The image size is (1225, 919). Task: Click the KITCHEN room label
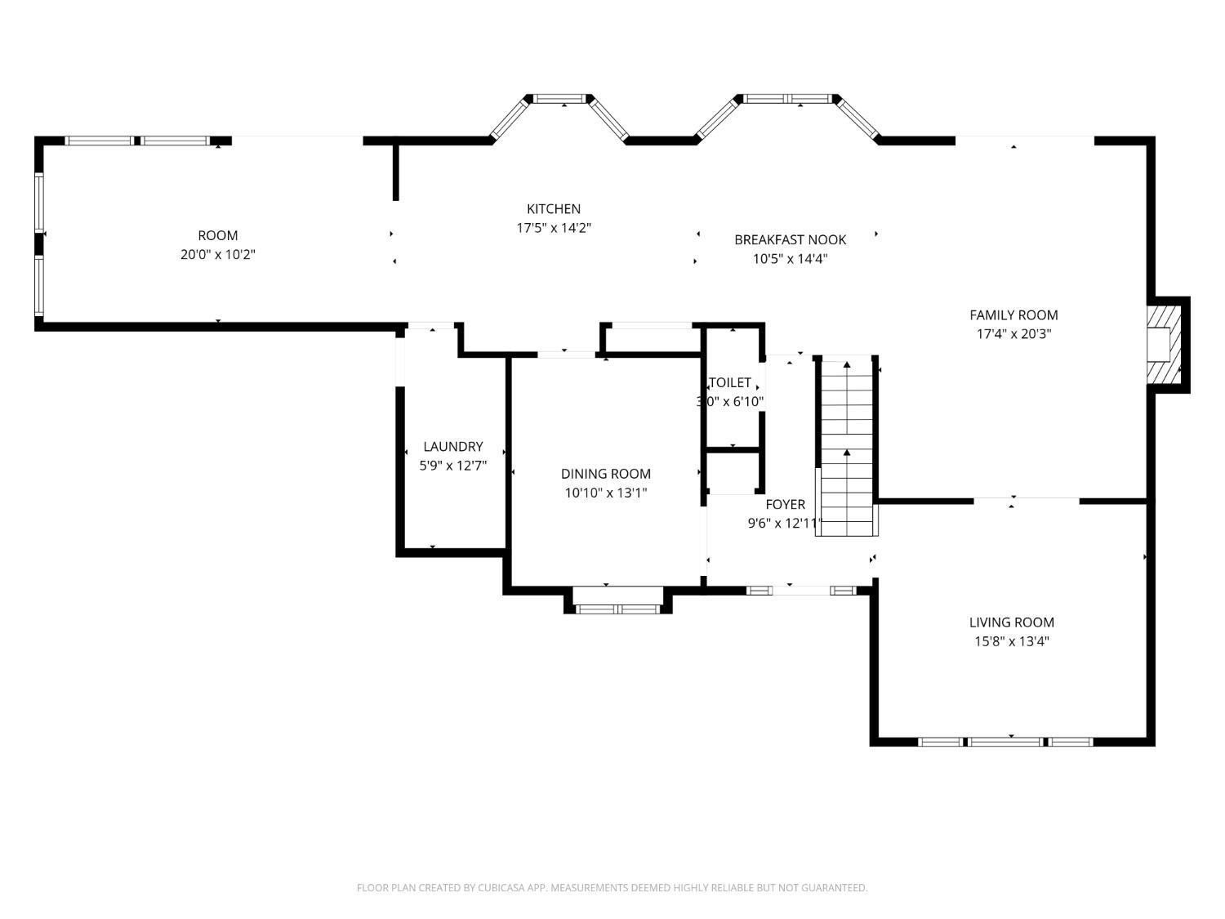tap(553, 209)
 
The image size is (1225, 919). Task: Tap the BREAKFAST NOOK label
tap(790, 240)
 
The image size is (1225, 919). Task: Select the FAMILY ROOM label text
tap(1013, 315)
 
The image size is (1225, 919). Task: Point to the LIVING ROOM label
tap(1011, 622)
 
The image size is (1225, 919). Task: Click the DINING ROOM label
tap(605, 474)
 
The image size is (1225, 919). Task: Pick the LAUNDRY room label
tap(452, 447)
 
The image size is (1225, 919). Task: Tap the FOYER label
tap(785, 505)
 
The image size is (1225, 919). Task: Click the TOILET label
tap(730, 383)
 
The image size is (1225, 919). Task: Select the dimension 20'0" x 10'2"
tap(218, 255)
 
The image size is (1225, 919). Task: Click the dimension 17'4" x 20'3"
tap(1013, 334)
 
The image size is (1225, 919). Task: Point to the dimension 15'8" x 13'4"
tap(1011, 642)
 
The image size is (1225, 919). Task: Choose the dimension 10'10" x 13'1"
tap(605, 493)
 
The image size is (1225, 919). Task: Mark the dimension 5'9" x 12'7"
tap(452, 466)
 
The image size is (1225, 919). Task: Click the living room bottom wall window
tap(1005, 742)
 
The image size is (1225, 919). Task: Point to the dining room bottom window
tap(617, 609)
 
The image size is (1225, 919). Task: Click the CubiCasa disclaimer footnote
tap(612, 888)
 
